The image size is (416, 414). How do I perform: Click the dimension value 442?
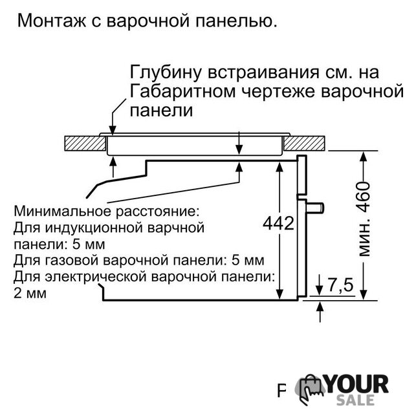[x=279, y=223]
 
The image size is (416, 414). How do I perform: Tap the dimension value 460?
[x=364, y=197]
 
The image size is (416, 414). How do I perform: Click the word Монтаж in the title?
[x=52, y=21]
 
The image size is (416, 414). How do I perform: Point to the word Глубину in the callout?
[x=166, y=73]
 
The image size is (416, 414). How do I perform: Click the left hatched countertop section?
[x=85, y=144]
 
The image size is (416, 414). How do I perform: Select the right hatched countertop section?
[x=304, y=144]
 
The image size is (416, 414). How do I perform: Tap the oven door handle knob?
[x=315, y=208]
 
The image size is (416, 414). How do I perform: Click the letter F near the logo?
[x=282, y=391]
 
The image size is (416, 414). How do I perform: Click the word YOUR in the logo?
[x=357, y=384]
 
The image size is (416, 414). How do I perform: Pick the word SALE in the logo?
[x=355, y=400]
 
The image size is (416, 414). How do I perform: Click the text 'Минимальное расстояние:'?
[x=106, y=212]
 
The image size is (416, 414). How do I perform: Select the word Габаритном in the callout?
[x=182, y=91]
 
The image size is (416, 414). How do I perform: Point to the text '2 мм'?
[x=30, y=293]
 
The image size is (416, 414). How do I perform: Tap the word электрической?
[x=96, y=277]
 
